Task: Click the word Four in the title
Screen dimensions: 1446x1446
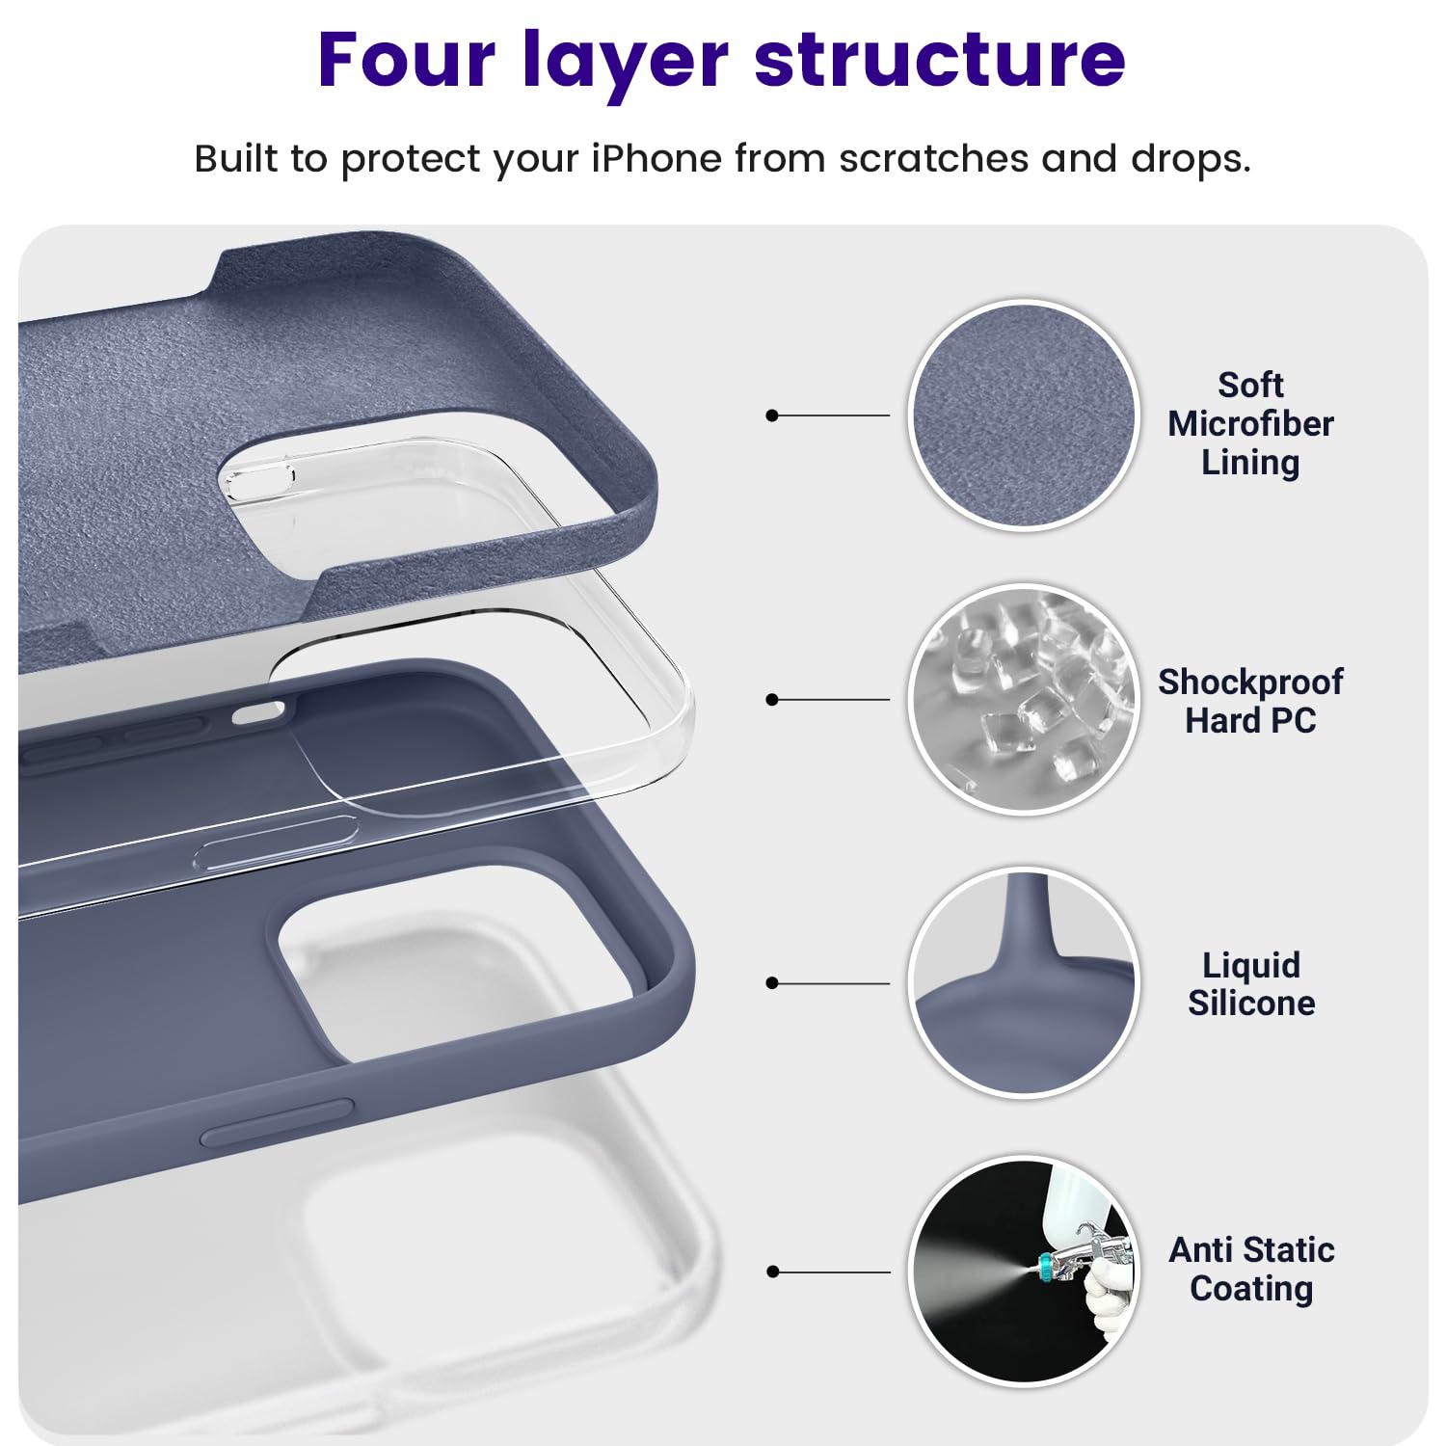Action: point(407,60)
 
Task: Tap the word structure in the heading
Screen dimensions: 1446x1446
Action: point(939,60)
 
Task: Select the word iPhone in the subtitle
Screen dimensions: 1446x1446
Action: point(656,159)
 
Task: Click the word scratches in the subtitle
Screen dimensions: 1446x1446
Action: point(933,159)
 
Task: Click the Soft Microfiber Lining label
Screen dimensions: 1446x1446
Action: point(1250,424)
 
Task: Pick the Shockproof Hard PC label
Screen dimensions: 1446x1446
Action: point(1250,701)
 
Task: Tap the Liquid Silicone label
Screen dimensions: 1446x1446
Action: point(1250,984)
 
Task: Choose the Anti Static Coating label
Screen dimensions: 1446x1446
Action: point(1251,1269)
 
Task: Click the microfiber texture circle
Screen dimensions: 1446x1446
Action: point(1024,415)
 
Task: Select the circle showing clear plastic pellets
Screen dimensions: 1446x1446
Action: point(1024,699)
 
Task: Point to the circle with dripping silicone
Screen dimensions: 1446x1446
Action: point(1024,982)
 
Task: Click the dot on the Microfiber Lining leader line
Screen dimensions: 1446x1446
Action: point(771,415)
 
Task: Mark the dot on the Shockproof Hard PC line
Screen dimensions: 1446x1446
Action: point(771,700)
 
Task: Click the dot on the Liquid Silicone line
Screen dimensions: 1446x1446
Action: point(771,983)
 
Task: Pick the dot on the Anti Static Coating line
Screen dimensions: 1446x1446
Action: point(771,1272)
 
